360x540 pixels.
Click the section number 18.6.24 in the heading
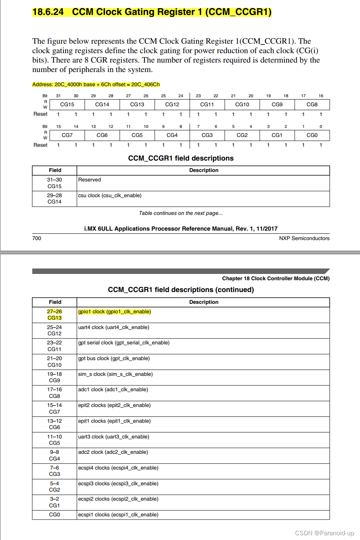[48, 12]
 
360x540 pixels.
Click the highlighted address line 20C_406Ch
[96, 84]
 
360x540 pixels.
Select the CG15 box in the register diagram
[67, 104]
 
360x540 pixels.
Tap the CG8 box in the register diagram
[312, 104]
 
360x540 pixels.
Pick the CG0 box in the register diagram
[312, 135]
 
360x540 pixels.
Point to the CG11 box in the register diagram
[207, 104]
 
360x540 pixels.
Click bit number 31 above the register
[58, 96]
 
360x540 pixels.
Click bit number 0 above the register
[321, 126]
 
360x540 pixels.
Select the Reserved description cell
[90, 180]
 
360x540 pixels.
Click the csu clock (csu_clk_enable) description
[110, 196]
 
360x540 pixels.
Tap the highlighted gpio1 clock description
[114, 312]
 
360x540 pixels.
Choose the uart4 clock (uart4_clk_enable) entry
[114, 327]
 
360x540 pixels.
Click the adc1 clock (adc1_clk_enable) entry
[113, 390]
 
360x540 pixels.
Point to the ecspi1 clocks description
[118, 514]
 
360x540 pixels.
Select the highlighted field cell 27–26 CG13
[54, 314]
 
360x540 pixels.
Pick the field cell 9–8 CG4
[54, 455]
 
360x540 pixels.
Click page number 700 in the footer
[37, 238]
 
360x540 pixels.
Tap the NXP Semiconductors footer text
[304, 238]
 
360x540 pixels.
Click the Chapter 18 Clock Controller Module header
[275, 278]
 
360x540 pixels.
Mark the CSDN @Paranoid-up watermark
[324, 533]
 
